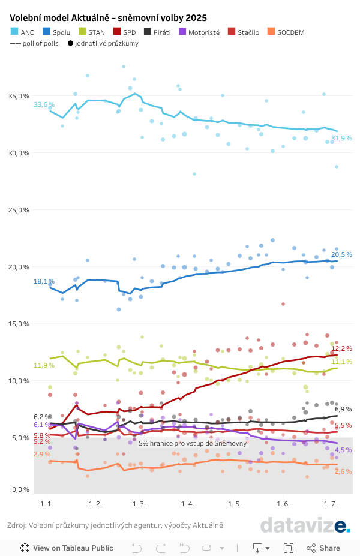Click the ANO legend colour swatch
(x=14, y=32)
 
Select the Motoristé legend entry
(x=203, y=32)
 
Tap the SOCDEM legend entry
(x=290, y=32)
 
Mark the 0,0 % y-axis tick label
(x=20, y=490)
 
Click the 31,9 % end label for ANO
(x=341, y=139)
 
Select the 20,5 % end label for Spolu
(x=341, y=254)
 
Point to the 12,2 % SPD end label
(x=341, y=348)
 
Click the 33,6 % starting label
(x=44, y=104)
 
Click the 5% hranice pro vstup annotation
(x=193, y=443)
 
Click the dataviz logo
(x=305, y=525)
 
